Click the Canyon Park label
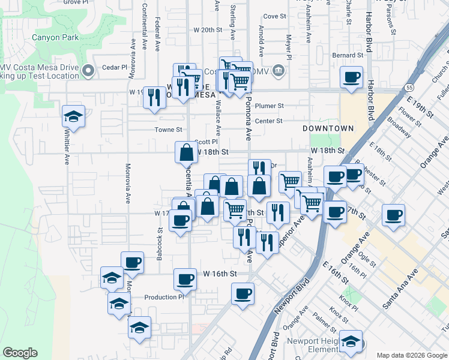point(57,37)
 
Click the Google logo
point(20,353)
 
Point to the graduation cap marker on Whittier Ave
point(73,116)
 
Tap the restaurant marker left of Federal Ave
point(154,97)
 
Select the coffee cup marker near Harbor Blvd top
point(351,77)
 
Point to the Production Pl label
point(164,297)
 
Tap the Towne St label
point(169,130)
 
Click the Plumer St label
point(269,106)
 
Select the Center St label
point(268,121)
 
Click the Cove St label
point(274,16)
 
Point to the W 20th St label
point(208,29)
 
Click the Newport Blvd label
point(286,296)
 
